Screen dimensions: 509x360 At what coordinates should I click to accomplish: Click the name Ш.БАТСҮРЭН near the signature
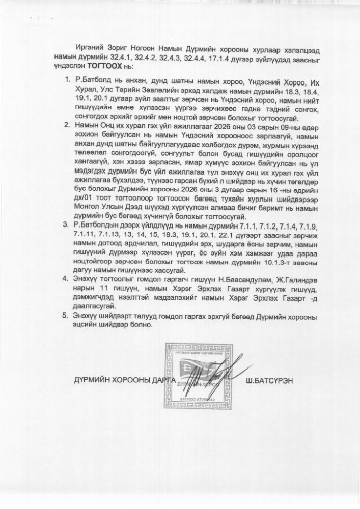(270, 380)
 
